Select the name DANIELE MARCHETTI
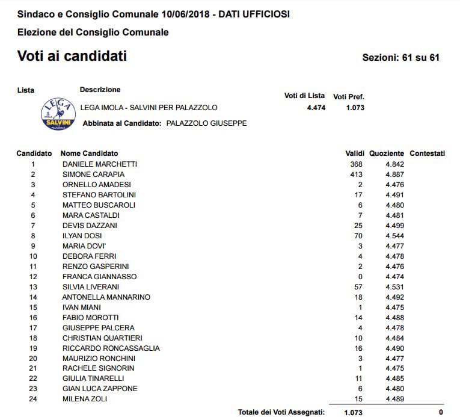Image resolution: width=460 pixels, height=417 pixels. tap(100, 164)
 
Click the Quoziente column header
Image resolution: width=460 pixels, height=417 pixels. tap(387, 153)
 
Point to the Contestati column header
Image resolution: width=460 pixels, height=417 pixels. tap(427, 153)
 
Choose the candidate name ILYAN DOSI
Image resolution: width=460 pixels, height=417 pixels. tap(82, 236)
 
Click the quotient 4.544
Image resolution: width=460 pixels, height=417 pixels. tap(394, 236)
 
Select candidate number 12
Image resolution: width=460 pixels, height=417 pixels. tap(33, 277)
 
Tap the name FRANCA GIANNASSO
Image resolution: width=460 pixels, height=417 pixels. tap(99, 277)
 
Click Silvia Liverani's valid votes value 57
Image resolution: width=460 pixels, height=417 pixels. tap(358, 287)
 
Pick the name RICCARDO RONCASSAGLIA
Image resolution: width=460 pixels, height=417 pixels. tap(111, 348)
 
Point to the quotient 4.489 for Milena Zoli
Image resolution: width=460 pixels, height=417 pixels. tap(394, 399)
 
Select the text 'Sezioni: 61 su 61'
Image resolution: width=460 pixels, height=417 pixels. tap(401, 58)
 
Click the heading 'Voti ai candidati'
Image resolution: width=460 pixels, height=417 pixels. tap(72, 57)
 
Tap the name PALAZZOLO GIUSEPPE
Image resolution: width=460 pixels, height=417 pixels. tap(206, 123)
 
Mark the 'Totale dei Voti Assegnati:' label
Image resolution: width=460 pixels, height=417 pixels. tap(281, 412)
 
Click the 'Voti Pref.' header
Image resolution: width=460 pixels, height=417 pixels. tap(349, 96)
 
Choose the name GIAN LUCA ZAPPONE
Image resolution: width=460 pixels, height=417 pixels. tap(100, 389)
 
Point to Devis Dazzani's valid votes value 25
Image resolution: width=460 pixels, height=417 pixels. tap(358, 226)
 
